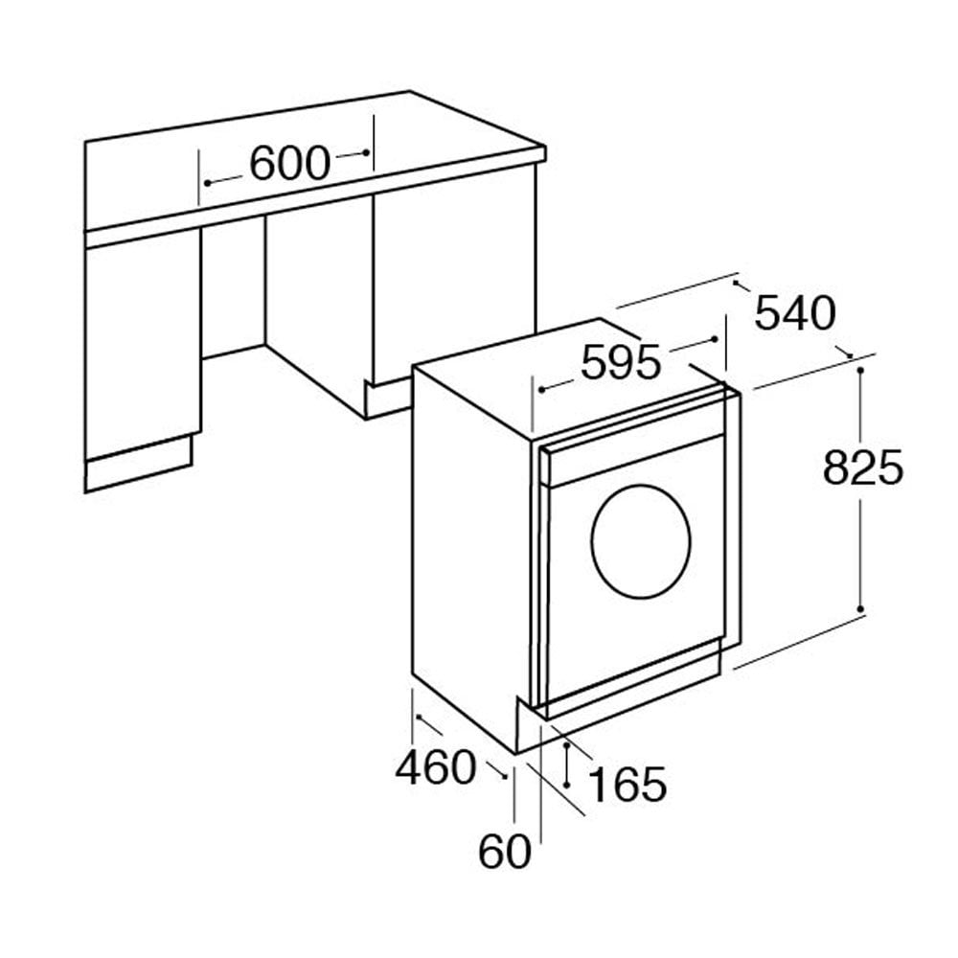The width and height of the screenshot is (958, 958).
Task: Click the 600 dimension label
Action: click(x=289, y=163)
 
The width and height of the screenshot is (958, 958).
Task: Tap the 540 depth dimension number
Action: click(x=795, y=313)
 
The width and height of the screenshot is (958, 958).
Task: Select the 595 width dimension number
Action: click(x=621, y=362)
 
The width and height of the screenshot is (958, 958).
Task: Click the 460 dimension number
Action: click(x=435, y=767)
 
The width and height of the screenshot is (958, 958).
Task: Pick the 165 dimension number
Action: click(x=627, y=784)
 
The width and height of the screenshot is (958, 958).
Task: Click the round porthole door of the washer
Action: click(x=641, y=541)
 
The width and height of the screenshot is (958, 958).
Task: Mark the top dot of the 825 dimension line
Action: click(x=860, y=371)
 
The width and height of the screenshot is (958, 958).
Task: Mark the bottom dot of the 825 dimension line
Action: click(x=860, y=609)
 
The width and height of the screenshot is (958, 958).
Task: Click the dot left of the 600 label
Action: click(x=207, y=183)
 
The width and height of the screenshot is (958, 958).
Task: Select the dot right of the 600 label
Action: click(x=366, y=152)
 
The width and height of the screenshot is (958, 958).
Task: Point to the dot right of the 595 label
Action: click(x=715, y=339)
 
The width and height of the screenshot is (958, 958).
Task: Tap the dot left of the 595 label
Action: click(x=541, y=389)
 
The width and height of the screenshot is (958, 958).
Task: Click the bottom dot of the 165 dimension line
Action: click(x=567, y=785)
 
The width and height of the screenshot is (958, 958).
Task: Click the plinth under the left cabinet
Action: click(x=139, y=463)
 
